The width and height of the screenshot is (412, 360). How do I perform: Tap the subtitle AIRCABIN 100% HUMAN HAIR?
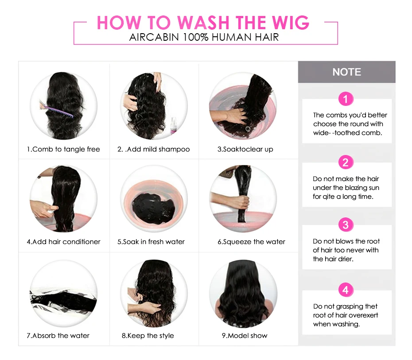(x=204, y=37)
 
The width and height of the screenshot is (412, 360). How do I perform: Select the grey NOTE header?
(x=346, y=72)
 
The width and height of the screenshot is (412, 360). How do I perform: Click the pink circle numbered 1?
(x=346, y=98)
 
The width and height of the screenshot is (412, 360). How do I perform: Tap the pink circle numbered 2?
(x=346, y=162)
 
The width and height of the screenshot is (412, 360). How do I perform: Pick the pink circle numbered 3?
(x=346, y=225)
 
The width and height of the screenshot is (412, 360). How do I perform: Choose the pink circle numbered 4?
(x=346, y=290)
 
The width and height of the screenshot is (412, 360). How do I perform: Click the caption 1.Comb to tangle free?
(x=63, y=149)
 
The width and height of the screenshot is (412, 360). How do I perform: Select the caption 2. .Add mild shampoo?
(x=153, y=149)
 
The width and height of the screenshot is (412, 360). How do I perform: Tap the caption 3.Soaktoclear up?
(x=245, y=149)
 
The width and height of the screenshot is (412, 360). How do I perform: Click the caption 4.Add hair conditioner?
(x=63, y=242)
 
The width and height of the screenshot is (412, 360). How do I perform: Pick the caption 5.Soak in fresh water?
(x=151, y=242)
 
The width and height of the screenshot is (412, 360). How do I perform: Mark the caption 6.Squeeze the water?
(x=251, y=242)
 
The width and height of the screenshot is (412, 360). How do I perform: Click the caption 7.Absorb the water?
(x=58, y=336)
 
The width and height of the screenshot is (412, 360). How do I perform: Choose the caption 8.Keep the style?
(x=148, y=336)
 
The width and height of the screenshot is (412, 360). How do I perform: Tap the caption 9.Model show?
(x=245, y=336)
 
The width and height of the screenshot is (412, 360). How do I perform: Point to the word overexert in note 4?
(x=363, y=315)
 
